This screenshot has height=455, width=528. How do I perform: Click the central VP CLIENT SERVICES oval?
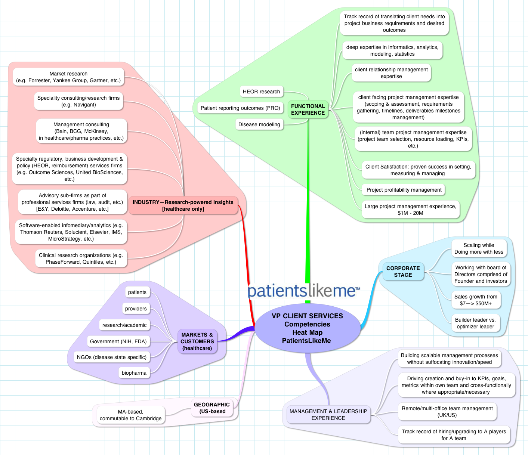pyautogui.click(x=307, y=328)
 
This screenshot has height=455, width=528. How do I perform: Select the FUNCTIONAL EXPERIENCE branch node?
pyautogui.click(x=308, y=109)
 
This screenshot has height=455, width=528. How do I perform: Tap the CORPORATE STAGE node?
pyautogui.click(x=403, y=272)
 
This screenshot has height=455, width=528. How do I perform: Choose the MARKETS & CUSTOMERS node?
pyautogui.click(x=197, y=341)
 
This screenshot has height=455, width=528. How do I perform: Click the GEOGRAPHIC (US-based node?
pyautogui.click(x=212, y=408)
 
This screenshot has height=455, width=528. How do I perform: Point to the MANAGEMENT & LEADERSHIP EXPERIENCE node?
pyautogui.click(x=328, y=415)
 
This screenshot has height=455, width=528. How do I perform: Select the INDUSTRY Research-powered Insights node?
pyautogui.click(x=183, y=205)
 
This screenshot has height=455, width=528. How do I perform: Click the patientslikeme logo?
pyautogui.click(x=303, y=291)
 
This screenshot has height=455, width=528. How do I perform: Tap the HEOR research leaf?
pyautogui.click(x=261, y=92)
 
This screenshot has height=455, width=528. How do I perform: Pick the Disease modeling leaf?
pyautogui.click(x=259, y=124)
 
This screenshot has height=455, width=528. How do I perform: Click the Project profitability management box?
pyautogui.click(x=404, y=190)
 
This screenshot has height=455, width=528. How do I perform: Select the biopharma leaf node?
pyautogui.click(x=134, y=373)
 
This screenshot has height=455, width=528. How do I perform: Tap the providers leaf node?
pyautogui.click(x=136, y=309)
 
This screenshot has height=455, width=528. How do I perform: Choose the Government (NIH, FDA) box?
pyautogui.click(x=118, y=341)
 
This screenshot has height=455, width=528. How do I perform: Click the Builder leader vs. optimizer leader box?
pyautogui.click(x=475, y=323)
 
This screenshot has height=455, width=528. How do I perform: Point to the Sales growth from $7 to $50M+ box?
pyautogui.click(x=476, y=300)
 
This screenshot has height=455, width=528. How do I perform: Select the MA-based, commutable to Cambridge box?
pyautogui.click(x=130, y=415)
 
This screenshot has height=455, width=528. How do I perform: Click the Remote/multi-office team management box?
pyautogui.click(x=447, y=412)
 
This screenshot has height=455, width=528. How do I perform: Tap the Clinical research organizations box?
pyautogui.click(x=81, y=259)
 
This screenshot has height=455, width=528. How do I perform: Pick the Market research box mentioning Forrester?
pyautogui.click(x=68, y=77)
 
